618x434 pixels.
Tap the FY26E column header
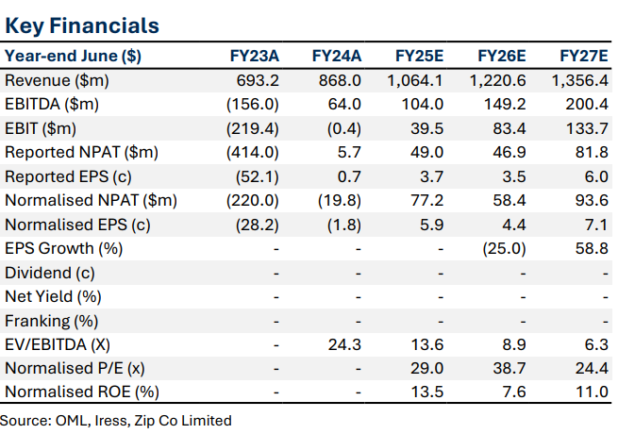pos(501,56)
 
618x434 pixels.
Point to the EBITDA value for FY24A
pos(346,104)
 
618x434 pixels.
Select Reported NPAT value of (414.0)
pos(253,152)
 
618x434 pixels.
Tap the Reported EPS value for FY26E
pos(512,175)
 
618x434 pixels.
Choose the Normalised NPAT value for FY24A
pos(340,200)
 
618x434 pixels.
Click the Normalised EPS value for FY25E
pos(430,224)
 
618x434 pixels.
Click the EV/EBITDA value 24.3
pos(346,343)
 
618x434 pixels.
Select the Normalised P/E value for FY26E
pos(509,368)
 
